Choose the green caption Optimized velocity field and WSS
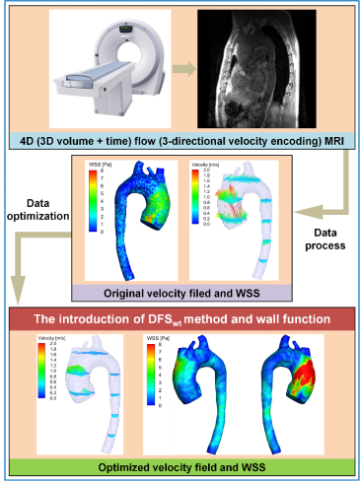pos(180,464)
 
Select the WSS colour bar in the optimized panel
pos(151,377)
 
